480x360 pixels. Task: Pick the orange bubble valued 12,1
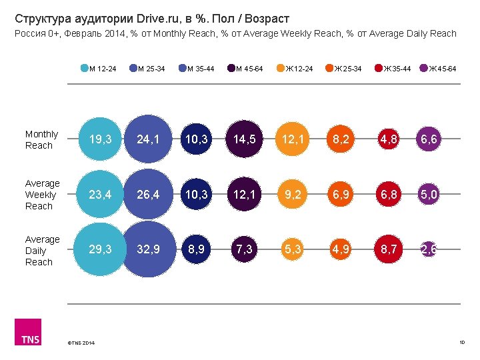[294, 140]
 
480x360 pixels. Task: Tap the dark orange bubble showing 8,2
[341, 140]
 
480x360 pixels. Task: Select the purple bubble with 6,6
[429, 140]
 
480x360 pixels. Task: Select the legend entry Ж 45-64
[438, 68]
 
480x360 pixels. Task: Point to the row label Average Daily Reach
[42, 251]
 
